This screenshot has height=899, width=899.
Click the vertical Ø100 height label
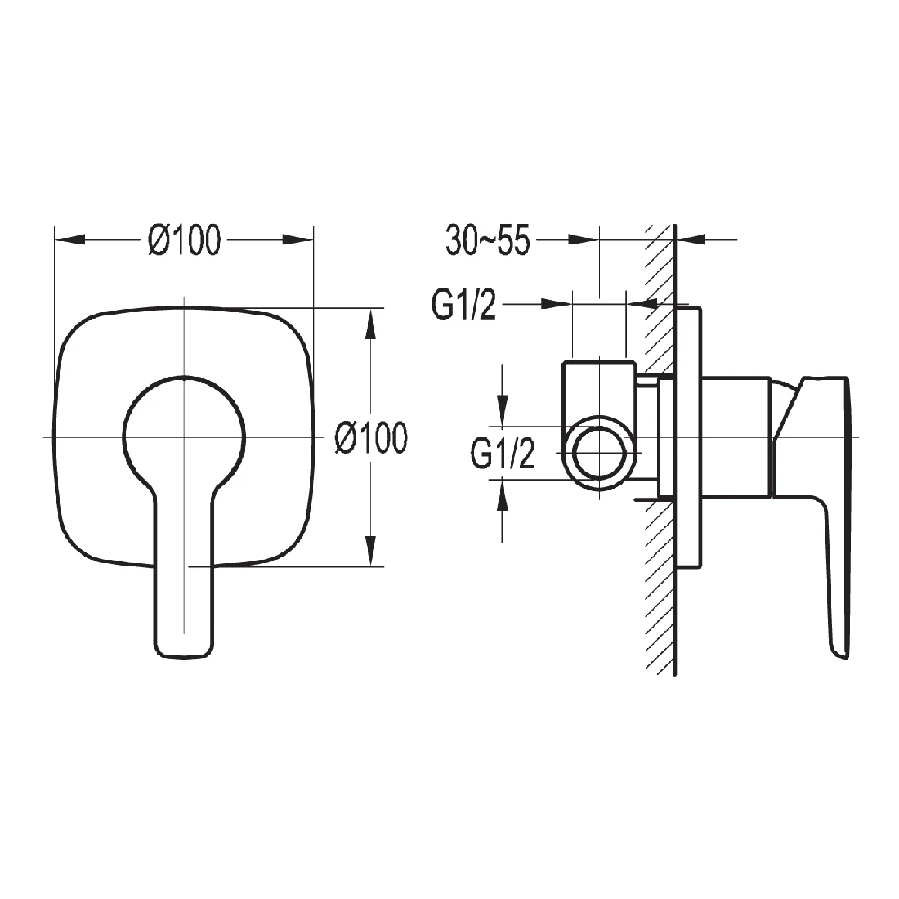[x=371, y=439]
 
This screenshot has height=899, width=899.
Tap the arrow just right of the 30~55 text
[x=582, y=239]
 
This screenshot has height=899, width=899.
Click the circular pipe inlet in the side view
[x=601, y=452]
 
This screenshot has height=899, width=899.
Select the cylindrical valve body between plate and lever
[x=736, y=437]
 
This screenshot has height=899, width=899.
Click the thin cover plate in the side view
[x=688, y=437]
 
